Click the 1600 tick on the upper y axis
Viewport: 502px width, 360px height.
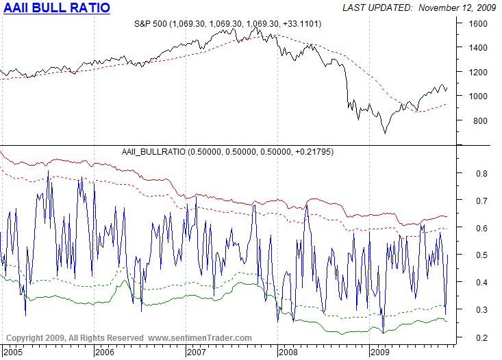(478, 23)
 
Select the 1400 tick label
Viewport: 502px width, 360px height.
(478, 48)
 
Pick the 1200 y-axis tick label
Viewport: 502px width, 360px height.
(478, 72)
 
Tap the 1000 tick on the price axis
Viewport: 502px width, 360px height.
(478, 97)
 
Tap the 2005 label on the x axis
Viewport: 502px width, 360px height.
(12, 352)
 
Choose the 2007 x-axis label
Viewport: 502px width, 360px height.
(197, 352)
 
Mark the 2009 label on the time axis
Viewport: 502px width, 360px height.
(381, 352)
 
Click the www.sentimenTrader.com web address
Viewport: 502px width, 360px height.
(199, 338)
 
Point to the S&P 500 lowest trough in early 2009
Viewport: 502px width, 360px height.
(384, 133)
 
